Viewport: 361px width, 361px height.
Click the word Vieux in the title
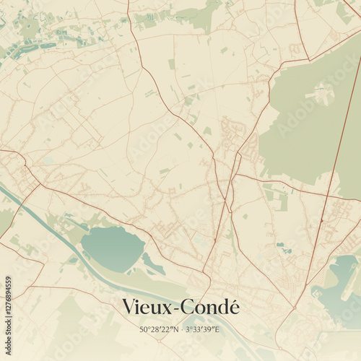point(147,307)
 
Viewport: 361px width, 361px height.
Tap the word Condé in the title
point(209,307)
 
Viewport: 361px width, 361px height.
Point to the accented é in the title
point(232,307)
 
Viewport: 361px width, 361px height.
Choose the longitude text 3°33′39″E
point(201,330)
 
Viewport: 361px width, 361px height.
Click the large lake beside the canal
point(112,248)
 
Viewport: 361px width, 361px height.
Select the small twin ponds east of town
point(284,250)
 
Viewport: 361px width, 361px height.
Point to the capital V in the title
point(129,307)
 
